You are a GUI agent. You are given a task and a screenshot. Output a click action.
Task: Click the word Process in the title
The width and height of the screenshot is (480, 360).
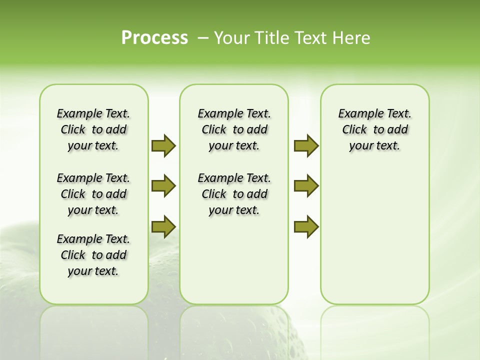(154, 38)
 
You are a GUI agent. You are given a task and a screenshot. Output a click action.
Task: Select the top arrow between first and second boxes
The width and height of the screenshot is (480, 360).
(163, 145)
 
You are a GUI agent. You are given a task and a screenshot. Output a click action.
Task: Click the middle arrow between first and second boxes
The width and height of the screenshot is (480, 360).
(163, 186)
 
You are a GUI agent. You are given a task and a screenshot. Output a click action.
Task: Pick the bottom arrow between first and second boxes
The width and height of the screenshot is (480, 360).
(163, 226)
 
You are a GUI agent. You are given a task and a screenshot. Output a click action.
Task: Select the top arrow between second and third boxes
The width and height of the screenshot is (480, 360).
(306, 145)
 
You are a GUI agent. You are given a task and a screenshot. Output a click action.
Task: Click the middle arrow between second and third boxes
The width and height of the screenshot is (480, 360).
(306, 186)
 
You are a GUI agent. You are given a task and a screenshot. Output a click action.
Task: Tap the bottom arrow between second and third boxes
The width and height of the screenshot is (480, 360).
(306, 226)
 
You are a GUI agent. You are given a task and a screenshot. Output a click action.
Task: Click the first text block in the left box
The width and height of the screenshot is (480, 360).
(93, 129)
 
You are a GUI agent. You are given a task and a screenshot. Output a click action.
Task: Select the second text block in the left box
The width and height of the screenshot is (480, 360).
(93, 194)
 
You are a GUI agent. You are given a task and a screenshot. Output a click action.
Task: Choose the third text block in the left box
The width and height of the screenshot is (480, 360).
(93, 255)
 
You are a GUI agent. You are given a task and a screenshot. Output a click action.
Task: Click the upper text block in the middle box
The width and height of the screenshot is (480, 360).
(234, 129)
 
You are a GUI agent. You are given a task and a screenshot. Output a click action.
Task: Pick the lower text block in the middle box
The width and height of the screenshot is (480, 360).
(234, 194)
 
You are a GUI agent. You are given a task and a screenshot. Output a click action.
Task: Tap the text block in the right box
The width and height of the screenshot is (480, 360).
(374, 129)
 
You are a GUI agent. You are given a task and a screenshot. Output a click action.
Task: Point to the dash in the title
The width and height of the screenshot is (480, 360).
(203, 38)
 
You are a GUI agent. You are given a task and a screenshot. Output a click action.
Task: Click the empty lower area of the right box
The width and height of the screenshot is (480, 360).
(374, 235)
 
